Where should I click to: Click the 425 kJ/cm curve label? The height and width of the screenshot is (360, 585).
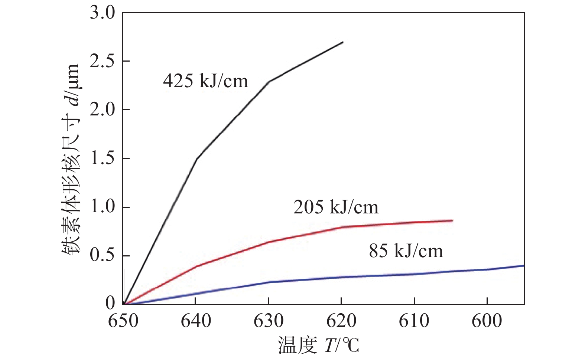[205, 81]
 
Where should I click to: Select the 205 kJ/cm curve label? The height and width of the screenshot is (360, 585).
[336, 207]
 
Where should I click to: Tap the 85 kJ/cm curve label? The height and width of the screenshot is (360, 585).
[406, 251]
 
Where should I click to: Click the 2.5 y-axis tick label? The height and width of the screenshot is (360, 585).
[103, 62]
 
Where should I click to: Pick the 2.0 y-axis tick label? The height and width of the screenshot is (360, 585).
[103, 110]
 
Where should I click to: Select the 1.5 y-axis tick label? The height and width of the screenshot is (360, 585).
[103, 159]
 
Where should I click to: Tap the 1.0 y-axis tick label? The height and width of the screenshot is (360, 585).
[103, 207]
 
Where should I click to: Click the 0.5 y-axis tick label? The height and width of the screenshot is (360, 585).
[103, 256]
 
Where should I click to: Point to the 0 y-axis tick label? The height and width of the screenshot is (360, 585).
[110, 303]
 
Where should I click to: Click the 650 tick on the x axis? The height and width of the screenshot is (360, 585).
[123, 321]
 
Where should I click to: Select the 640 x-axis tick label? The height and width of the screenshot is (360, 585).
[196, 321]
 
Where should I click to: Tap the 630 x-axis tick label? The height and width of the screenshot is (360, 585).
[269, 321]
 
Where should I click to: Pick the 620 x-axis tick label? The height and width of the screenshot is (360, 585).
[341, 321]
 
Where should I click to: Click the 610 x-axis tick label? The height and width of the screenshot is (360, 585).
[414, 321]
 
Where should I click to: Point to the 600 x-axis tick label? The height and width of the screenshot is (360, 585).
[487, 321]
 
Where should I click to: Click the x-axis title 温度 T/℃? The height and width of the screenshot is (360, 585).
[319, 345]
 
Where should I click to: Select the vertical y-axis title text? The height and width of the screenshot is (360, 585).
[71, 159]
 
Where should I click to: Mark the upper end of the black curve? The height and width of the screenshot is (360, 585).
[343, 42]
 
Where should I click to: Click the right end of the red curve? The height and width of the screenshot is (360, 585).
[452, 221]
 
